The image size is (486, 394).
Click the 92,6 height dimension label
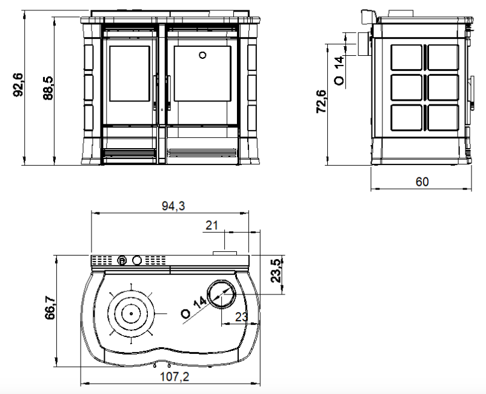18,85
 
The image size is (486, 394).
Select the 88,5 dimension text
48,88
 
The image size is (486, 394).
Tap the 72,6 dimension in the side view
321,101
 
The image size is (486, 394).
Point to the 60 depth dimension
422,182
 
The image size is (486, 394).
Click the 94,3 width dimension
173,206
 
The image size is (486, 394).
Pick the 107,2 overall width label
175,376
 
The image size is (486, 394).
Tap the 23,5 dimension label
276,270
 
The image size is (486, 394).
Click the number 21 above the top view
211,225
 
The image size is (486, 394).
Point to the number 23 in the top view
241,317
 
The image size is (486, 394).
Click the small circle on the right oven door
203,55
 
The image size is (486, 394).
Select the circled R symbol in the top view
123,261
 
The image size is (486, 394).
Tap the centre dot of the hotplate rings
131,314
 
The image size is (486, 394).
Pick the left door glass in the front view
130,73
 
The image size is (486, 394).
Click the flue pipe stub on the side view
364,44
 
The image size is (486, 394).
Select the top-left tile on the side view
407,58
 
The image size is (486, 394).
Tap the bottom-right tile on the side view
443,117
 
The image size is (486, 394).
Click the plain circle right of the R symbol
137,260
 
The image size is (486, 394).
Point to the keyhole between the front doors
162,110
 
